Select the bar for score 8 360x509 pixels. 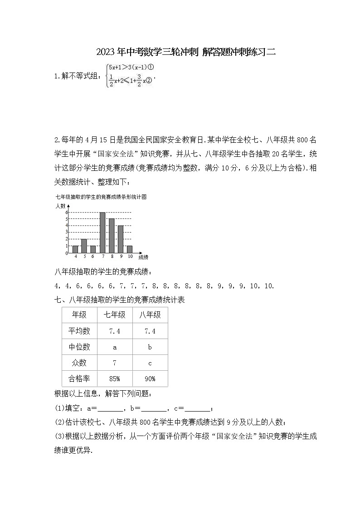click(x=112, y=236)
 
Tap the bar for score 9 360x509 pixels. click(x=121, y=239)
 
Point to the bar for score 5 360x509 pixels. click(x=84, y=246)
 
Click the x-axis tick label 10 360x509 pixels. click(x=130, y=257)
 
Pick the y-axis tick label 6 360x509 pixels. click(x=66, y=212)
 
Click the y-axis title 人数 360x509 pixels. click(x=61, y=206)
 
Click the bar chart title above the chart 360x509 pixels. click(x=102, y=197)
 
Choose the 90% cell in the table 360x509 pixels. click(x=150, y=378)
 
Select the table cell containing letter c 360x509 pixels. click(x=150, y=363)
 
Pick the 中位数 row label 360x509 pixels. click(x=79, y=347)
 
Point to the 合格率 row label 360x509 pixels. click(x=79, y=378)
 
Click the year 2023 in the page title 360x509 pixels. click(x=105, y=52)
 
